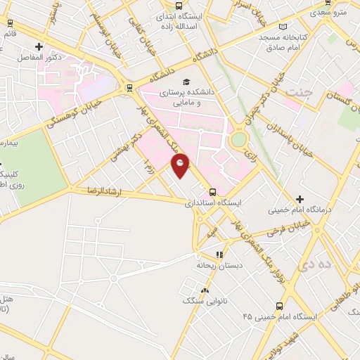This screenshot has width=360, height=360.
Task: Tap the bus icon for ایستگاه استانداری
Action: [x=213, y=191]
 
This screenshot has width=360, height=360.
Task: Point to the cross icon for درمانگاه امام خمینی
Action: [x=300, y=199]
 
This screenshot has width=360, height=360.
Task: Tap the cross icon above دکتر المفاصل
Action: [x=39, y=47]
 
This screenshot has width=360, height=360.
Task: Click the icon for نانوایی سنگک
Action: [x=205, y=290]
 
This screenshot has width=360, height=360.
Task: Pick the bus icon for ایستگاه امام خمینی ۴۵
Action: [x=280, y=306]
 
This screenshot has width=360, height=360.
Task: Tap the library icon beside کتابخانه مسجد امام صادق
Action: [x=283, y=26]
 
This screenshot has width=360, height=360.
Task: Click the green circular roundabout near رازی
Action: [x=239, y=139]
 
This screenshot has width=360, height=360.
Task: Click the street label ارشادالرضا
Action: [x=103, y=191]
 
